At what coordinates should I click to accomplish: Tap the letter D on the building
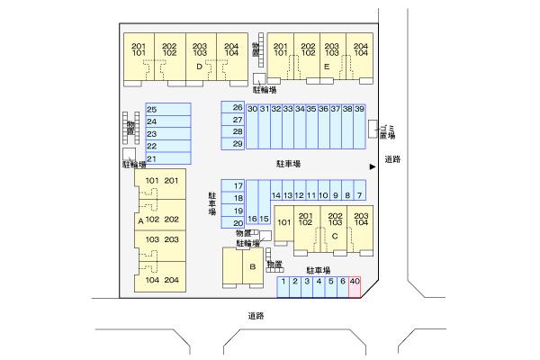[198, 66]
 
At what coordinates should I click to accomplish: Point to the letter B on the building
[253, 267]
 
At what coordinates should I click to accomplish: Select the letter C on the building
[334, 237]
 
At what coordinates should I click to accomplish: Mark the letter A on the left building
[139, 220]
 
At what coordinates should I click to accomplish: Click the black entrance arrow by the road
[372, 166]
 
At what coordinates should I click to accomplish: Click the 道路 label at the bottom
[256, 315]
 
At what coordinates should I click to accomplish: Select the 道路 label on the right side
[391, 159]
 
